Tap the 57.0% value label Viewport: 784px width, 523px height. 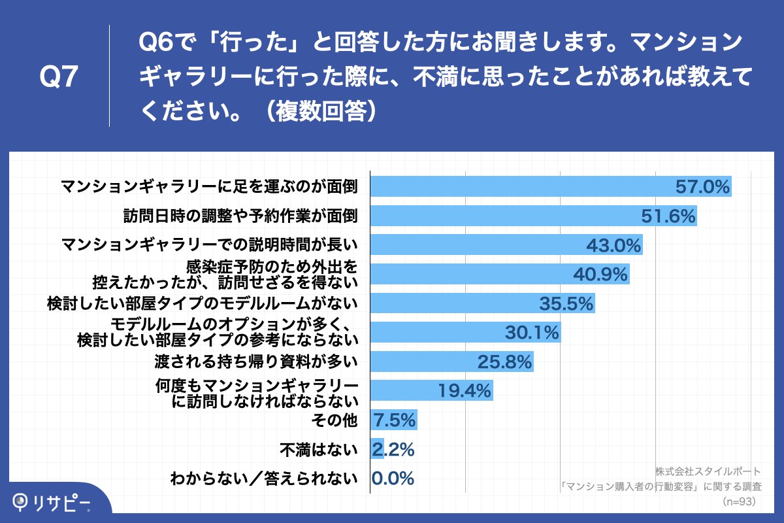(x=702, y=187)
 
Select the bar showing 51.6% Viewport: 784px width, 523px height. (x=533, y=216)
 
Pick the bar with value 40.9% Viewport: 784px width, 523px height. (x=499, y=274)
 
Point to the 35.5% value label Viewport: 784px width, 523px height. (x=566, y=303)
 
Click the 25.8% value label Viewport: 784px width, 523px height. (x=506, y=362)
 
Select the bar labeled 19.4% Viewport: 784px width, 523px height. (x=431, y=391)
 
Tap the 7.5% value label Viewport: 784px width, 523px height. (x=393, y=420)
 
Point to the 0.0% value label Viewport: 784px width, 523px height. (x=393, y=479)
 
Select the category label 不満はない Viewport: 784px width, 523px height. (x=319, y=450)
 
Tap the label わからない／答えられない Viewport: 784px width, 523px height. (x=264, y=479)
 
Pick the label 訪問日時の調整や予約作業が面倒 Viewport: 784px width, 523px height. (x=240, y=216)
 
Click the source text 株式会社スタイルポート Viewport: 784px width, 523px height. (x=707, y=471)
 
